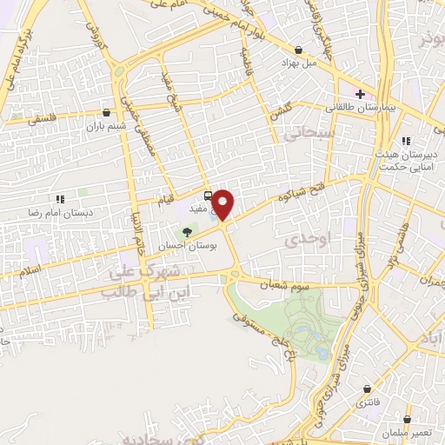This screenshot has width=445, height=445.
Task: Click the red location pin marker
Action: [x=223, y=204]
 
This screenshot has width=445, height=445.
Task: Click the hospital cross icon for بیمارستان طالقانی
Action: [x=360, y=94]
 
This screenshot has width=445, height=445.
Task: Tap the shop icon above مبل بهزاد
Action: [x=299, y=50]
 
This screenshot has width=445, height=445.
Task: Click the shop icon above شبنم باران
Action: [x=106, y=112]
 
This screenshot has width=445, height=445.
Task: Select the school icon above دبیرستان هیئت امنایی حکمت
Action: [x=404, y=141]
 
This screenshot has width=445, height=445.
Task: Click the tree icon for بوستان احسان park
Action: [x=187, y=231]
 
